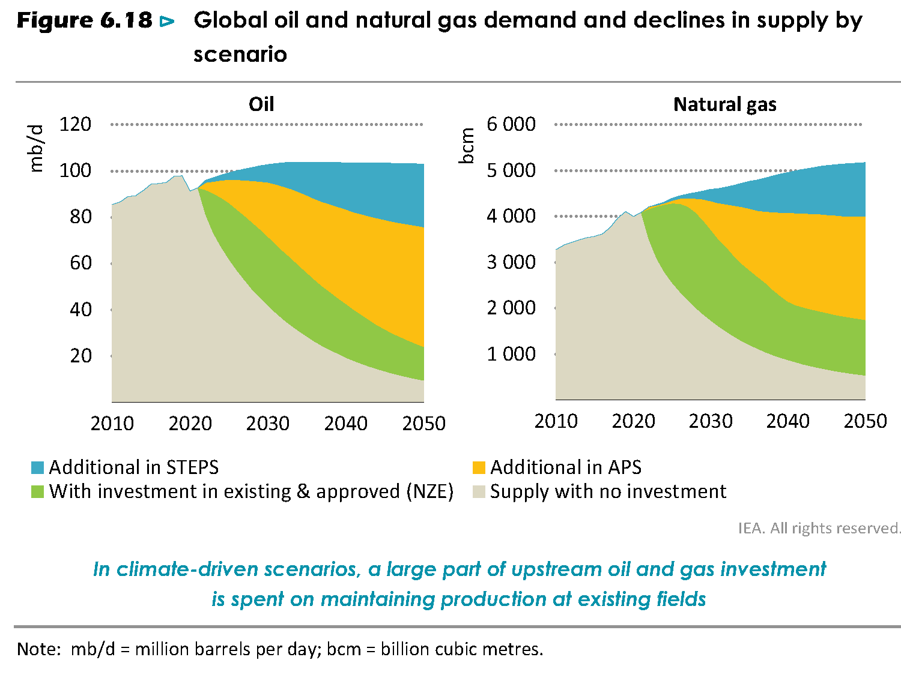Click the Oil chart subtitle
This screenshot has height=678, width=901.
pos(261,104)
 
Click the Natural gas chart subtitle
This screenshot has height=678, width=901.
pos(724,104)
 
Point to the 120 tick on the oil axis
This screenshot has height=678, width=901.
pos(75,124)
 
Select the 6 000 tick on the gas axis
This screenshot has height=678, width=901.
pos(511,124)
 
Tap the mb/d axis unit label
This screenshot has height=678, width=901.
pos(37,148)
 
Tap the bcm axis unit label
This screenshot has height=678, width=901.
pos(467,146)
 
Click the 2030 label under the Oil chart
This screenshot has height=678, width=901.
pos(267,424)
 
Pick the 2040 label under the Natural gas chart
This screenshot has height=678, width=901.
pos(787,421)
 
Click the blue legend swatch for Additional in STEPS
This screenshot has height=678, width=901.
pos(38,467)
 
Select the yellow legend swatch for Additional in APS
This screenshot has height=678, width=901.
pos(479,467)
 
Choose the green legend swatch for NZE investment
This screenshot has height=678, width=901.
pos(38,492)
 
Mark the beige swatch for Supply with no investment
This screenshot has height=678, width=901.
pos(479,492)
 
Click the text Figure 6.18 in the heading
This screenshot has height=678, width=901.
pos(85,21)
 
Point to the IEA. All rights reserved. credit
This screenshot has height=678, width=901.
pos(819,528)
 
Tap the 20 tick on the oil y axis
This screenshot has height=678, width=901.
pos(80,356)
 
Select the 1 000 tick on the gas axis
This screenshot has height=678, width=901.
pos(511,354)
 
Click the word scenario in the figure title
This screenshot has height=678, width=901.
pos(240,55)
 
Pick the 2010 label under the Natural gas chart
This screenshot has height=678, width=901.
pos(556,421)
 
